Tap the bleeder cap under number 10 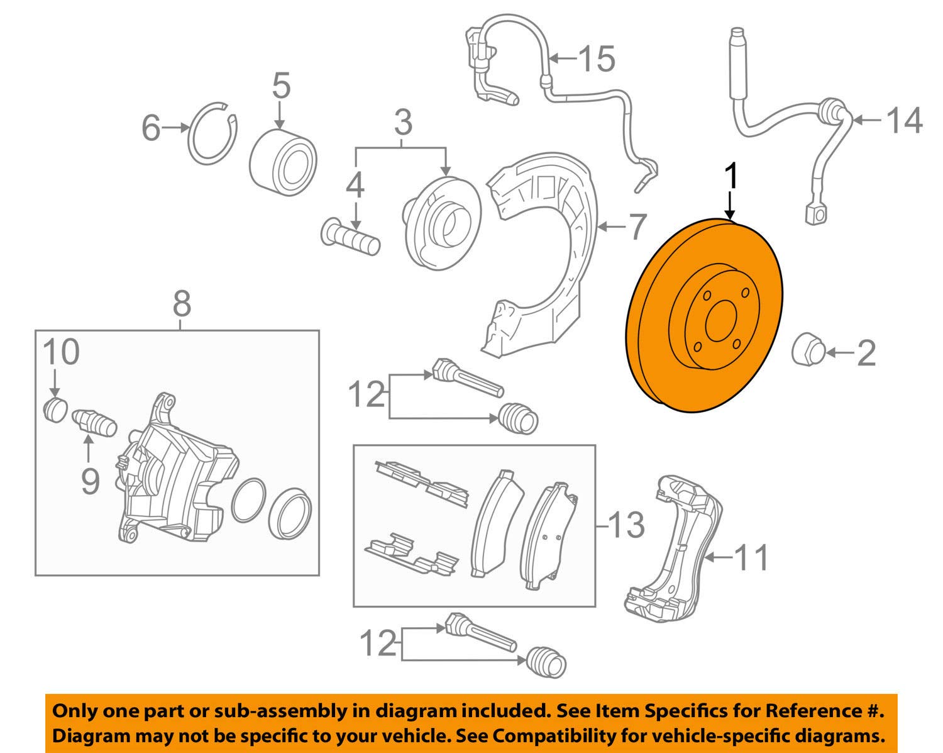[x=57, y=410]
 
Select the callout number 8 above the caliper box [x=181, y=304]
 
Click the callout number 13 [x=626, y=525]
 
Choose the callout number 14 [x=905, y=120]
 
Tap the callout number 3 [x=403, y=123]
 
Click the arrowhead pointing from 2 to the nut [x=830, y=354]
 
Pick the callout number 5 [x=281, y=86]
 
